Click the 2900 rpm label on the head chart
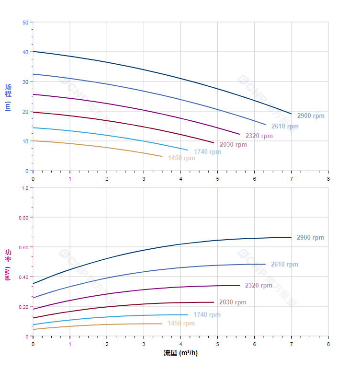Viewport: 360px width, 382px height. tap(310, 116)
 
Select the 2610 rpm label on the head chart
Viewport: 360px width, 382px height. tap(284, 127)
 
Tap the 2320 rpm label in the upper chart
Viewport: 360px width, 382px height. tap(259, 136)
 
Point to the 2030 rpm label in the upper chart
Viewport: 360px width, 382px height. tap(233, 145)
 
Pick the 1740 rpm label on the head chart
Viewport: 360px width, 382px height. tap(207, 152)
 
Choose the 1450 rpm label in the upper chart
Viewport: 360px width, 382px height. tap(181, 158)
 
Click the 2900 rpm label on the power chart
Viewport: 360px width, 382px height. tap(310, 238)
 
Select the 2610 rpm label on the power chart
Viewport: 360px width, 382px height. tap(284, 265)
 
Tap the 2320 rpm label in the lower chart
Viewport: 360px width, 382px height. tap(259, 286)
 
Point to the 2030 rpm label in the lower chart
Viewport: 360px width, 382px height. tap(233, 302)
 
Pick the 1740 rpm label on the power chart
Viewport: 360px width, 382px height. tap(207, 315)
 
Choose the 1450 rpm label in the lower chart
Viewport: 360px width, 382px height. tap(181, 324)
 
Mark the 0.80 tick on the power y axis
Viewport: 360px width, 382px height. tap(23, 218)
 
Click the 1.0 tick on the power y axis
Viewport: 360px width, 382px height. tap(24, 188)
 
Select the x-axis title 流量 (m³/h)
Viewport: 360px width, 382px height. tap(180, 353)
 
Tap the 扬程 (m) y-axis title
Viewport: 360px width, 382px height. tap(8, 97)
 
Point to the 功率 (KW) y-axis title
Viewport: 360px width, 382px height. tap(8, 265)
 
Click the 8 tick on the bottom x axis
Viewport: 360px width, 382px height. tap(328, 344)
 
